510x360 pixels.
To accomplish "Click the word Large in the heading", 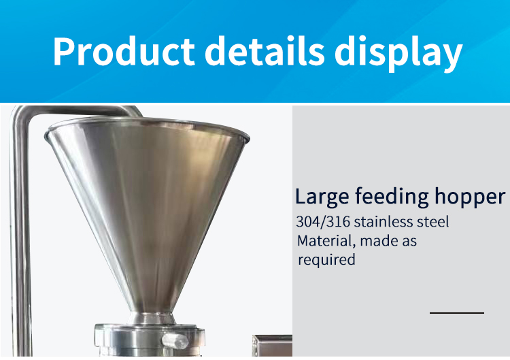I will point(322,197).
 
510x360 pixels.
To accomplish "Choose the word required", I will point(326,259).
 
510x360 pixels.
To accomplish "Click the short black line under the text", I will point(456,313).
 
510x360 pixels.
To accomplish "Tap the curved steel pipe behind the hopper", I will point(20,204).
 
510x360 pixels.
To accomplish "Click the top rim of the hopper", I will point(146,125).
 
